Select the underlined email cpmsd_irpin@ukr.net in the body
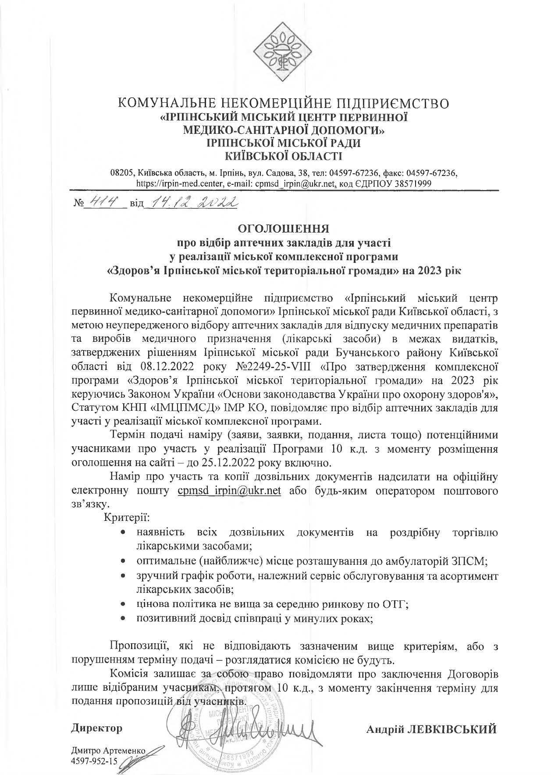[x=229, y=490]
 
